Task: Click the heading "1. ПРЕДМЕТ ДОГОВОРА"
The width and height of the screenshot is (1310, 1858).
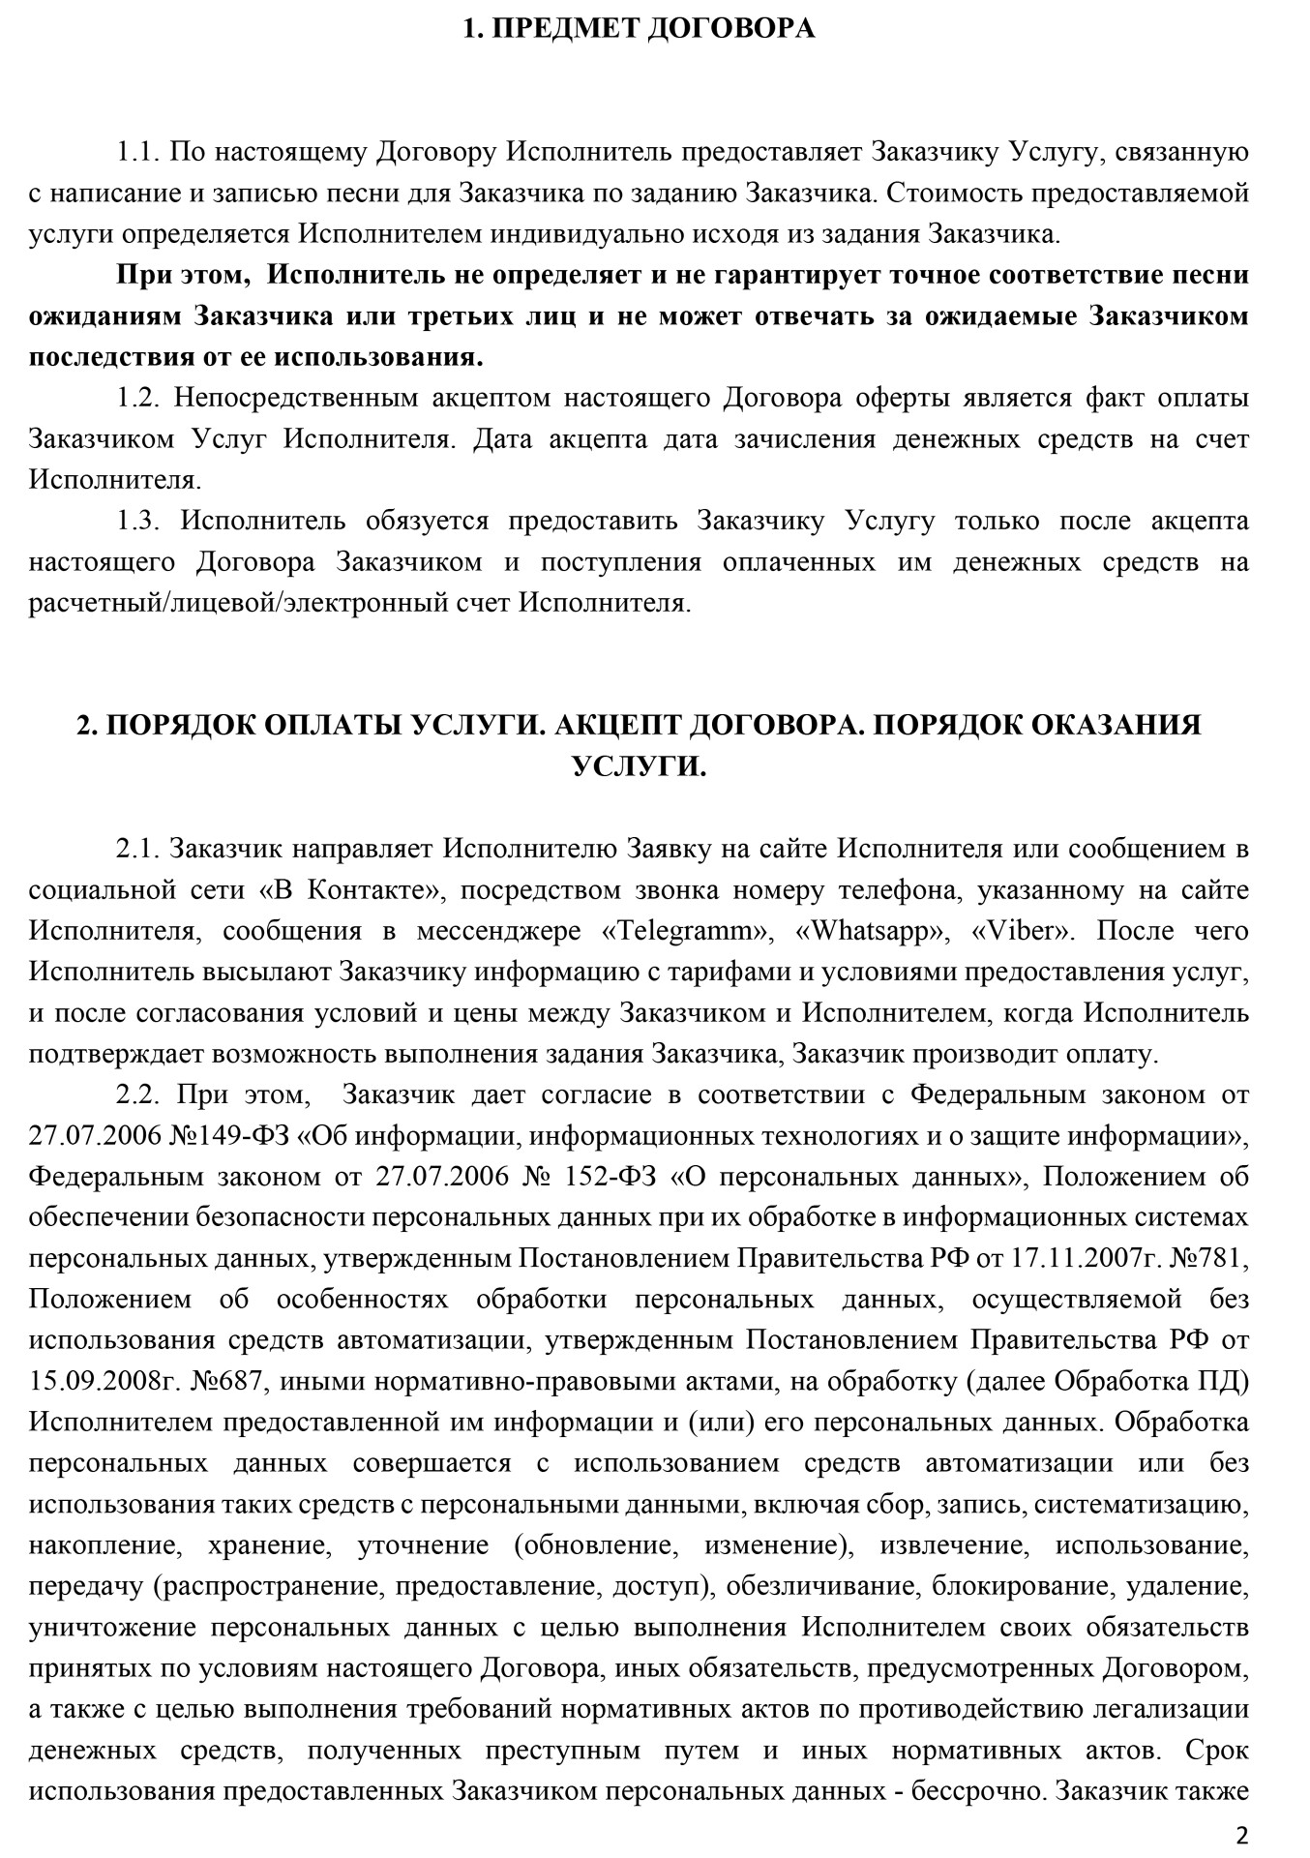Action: coord(639,29)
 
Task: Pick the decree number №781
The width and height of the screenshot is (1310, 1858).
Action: coord(1209,1260)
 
